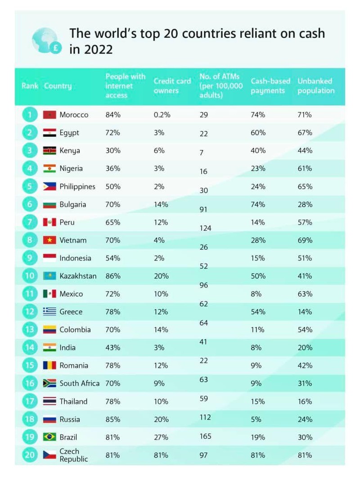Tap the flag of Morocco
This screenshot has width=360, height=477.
49,115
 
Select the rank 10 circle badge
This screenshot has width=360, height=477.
29,276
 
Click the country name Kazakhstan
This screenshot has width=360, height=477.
78,276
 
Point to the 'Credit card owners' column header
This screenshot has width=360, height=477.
172,85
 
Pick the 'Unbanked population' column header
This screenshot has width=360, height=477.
316,85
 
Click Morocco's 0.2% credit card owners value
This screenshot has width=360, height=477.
162,115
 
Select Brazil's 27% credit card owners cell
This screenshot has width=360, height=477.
161,437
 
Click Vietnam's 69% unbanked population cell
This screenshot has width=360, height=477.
305,240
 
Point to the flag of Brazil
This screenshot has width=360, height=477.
49,437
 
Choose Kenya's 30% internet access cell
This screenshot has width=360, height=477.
113,151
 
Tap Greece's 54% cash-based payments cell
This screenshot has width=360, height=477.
258,312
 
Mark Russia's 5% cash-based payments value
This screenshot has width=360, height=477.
256,419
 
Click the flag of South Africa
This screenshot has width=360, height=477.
49,383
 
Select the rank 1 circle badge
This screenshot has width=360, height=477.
29,115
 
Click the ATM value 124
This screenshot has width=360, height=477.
205,228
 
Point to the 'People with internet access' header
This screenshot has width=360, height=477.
126,85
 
